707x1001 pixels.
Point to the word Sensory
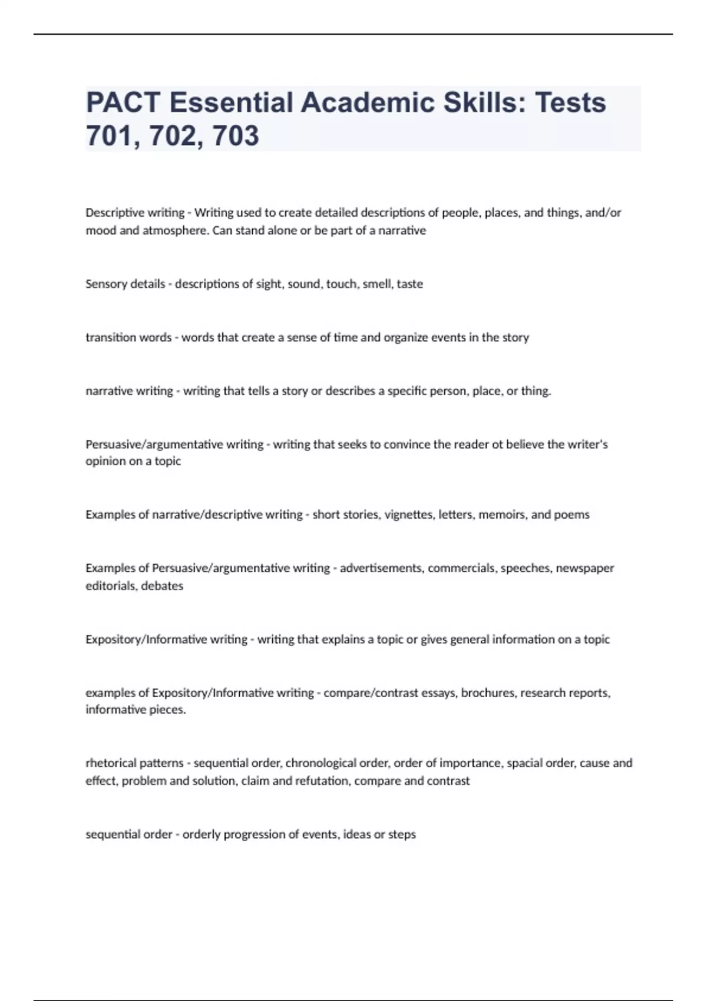(x=106, y=284)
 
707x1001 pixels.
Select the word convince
(x=407, y=444)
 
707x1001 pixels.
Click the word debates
(x=162, y=586)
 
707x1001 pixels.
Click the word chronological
(x=337, y=763)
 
